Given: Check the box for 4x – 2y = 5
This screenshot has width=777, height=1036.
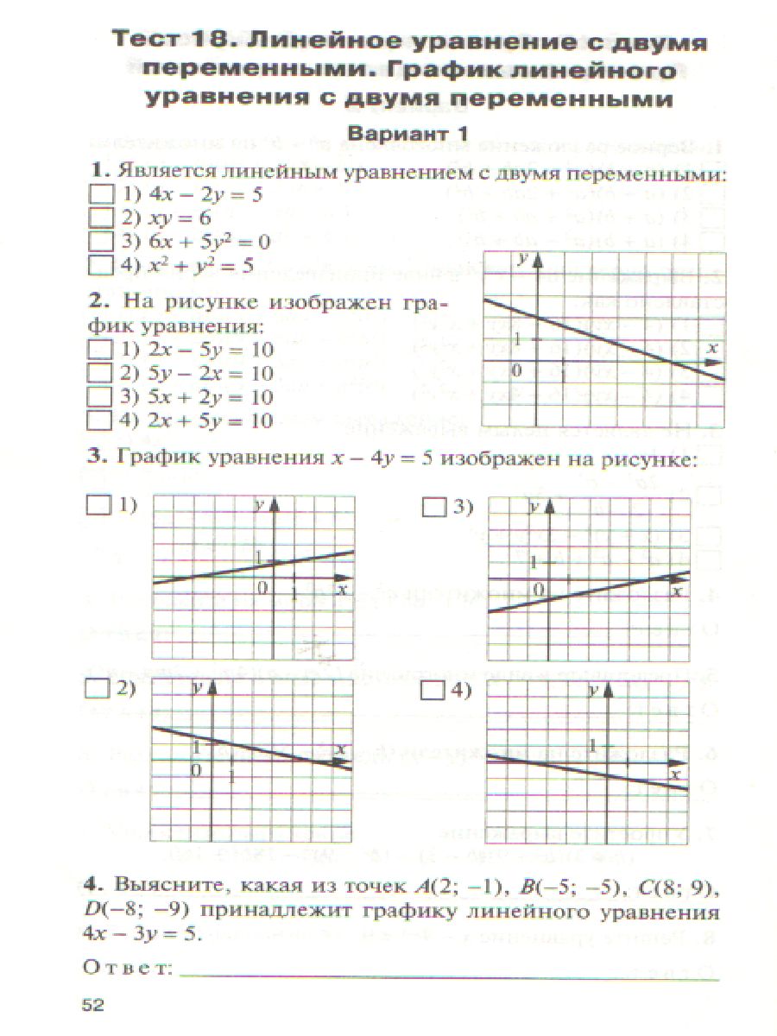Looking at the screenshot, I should tap(102, 195).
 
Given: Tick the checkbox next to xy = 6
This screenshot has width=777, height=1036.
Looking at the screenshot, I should tap(102, 218).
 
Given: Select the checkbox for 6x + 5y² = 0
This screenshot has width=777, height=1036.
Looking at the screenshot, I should tap(102, 242).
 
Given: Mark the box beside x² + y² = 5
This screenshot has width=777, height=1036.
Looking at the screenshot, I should tap(102, 265).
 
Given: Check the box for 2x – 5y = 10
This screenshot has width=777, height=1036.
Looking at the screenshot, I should tap(102, 351).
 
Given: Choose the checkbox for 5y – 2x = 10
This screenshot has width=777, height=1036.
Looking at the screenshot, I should tap(102, 374).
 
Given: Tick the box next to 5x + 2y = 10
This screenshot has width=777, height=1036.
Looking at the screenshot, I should tap(102, 397).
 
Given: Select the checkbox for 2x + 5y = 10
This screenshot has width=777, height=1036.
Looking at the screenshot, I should tap(102, 420).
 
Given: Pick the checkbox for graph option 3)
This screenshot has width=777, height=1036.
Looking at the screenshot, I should tap(433, 508).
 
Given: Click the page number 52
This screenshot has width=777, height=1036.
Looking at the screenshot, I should tap(92, 1004).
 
